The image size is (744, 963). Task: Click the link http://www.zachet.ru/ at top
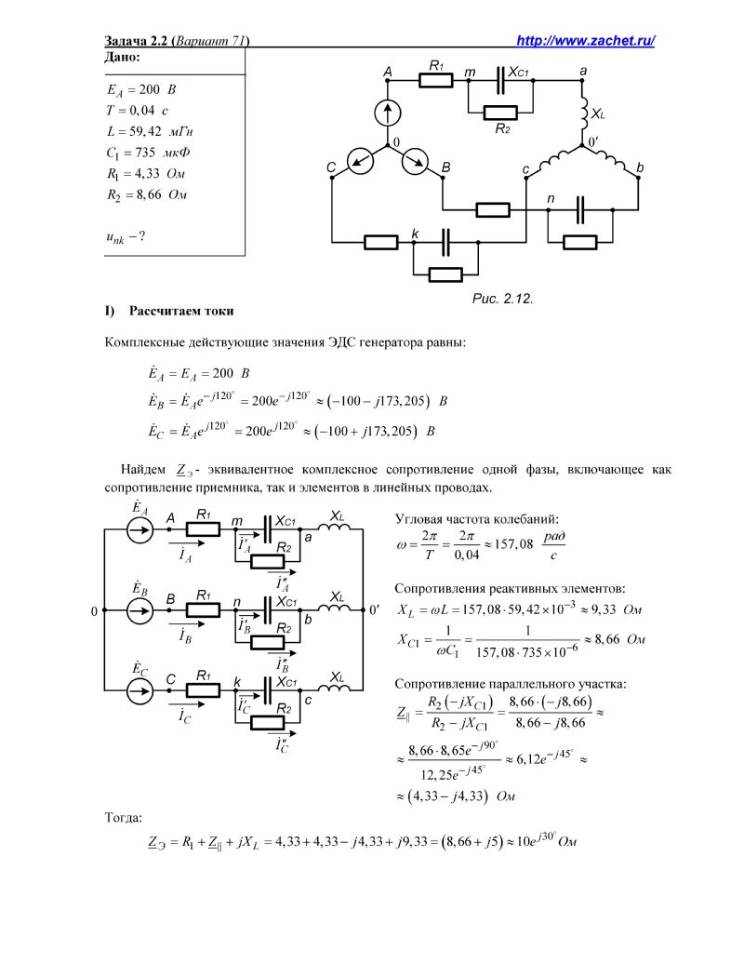point(586,40)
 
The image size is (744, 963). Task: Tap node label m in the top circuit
point(470,71)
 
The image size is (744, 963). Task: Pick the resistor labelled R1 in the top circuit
point(435,80)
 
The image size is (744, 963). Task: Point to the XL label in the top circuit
point(597,114)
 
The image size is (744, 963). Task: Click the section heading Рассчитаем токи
point(181,310)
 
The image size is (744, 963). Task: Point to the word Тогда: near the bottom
point(124,817)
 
